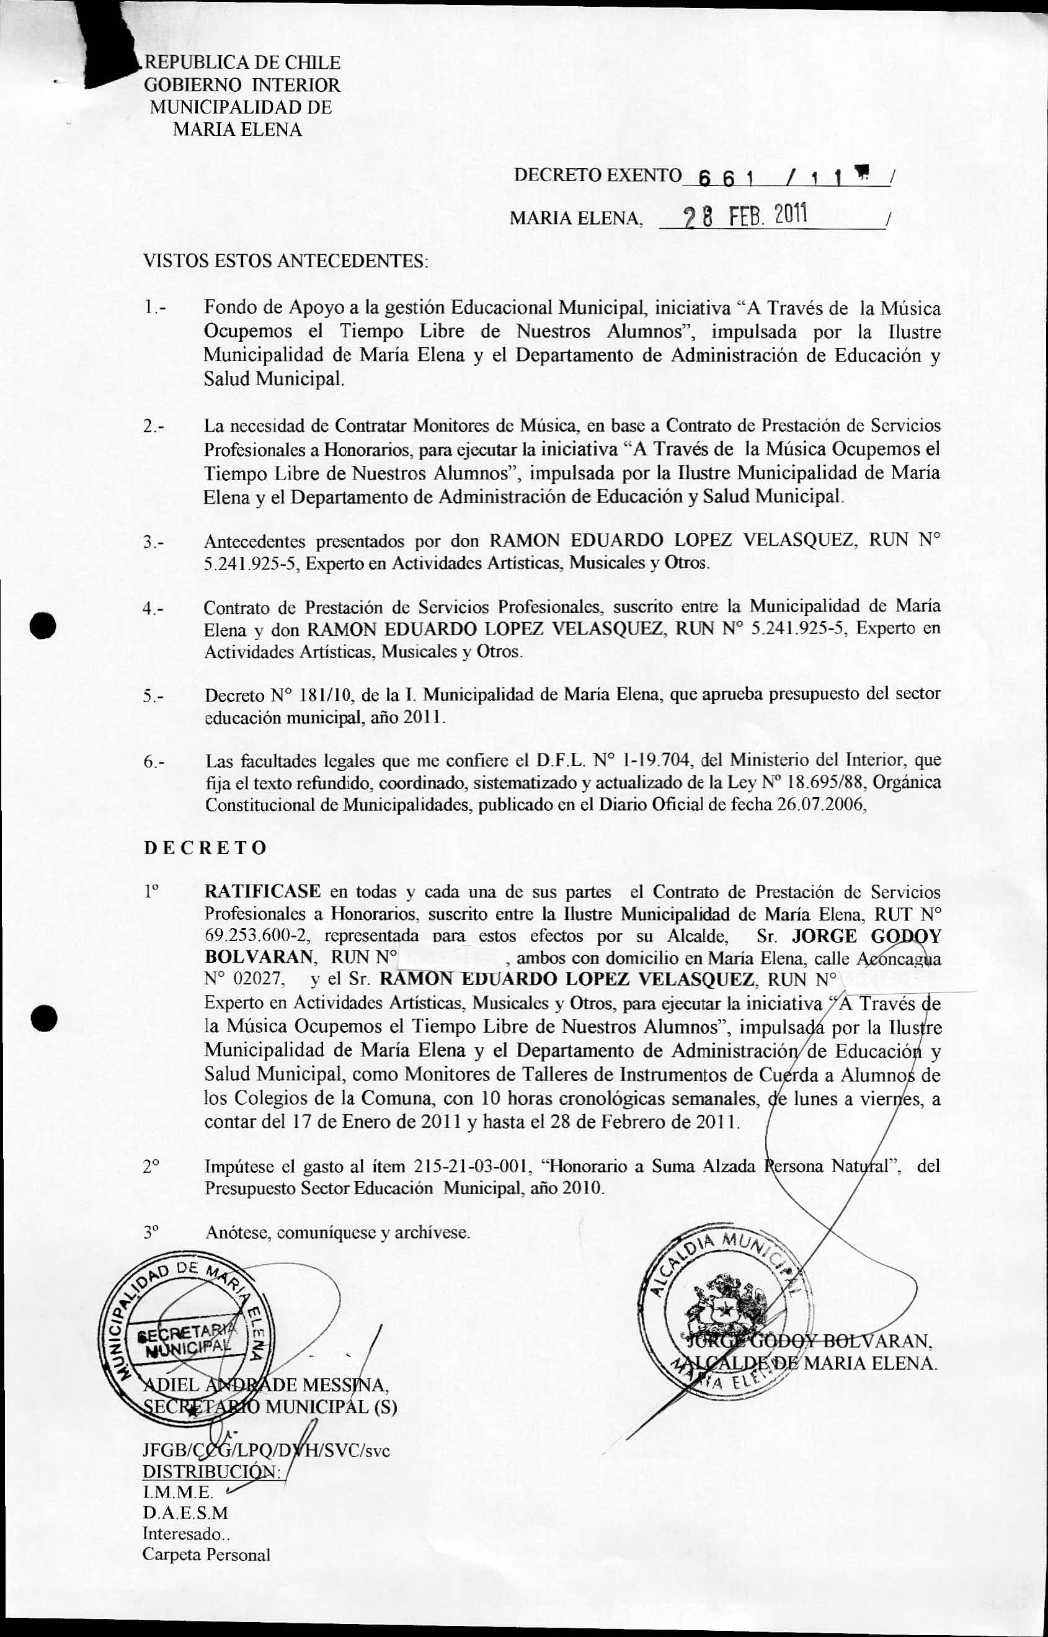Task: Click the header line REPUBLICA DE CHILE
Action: (242, 63)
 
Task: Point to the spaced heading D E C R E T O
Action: (205, 848)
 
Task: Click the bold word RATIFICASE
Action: (262, 891)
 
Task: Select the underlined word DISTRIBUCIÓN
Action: (211, 1471)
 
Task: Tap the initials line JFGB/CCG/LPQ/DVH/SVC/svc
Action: (265, 1450)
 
